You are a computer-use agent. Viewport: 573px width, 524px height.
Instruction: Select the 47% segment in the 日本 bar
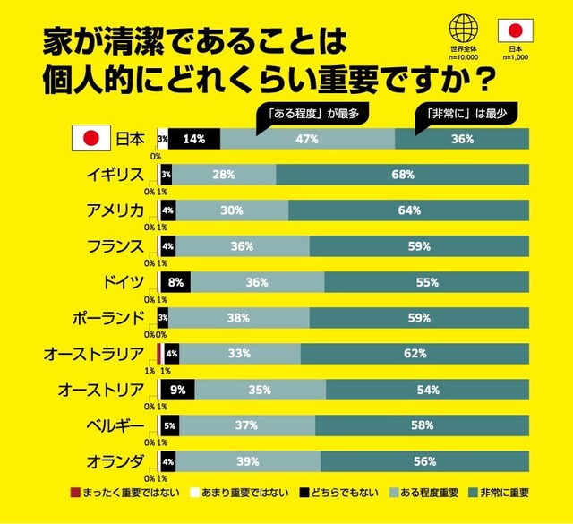click(307, 139)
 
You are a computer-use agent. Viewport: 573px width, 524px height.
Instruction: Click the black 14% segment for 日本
click(194, 139)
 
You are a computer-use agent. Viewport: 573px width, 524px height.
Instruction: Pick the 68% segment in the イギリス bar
click(402, 175)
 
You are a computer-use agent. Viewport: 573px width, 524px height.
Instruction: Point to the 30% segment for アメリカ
click(231, 210)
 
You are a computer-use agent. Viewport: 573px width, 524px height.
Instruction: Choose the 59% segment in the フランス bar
click(419, 246)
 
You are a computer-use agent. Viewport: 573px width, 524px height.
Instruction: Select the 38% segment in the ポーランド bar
click(238, 318)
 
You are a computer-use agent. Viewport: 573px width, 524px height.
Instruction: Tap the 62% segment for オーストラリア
click(415, 354)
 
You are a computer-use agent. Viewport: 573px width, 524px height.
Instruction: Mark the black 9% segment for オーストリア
click(178, 390)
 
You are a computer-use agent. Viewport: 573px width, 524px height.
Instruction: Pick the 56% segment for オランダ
click(424, 461)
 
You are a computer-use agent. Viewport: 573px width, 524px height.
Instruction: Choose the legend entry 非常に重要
click(499, 493)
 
